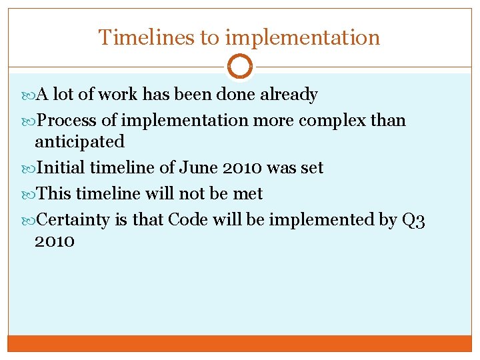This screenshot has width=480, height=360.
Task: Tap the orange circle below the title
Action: (x=239, y=67)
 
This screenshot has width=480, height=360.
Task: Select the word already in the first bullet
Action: (x=289, y=95)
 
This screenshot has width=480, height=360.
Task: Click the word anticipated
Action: (x=79, y=141)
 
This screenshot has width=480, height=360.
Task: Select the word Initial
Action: (x=61, y=168)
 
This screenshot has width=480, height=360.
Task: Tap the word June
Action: (x=198, y=168)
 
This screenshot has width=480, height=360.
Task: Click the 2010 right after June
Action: (x=241, y=168)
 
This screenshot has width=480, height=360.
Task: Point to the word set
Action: (x=311, y=168)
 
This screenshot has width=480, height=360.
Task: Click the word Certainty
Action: (x=73, y=220)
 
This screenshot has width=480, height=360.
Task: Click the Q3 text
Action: (x=413, y=220)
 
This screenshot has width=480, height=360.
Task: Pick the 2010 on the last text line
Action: (x=55, y=241)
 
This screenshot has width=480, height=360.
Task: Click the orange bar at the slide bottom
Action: (x=240, y=343)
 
